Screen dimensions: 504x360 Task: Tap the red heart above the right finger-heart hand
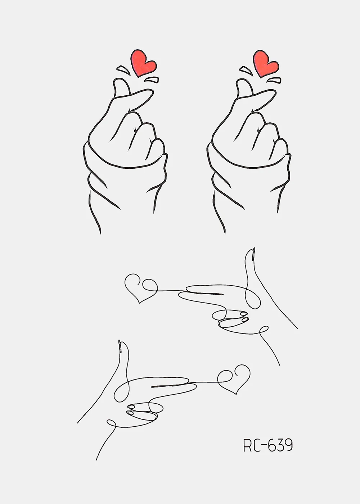[266, 63]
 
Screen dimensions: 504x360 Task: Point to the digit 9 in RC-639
[288, 445]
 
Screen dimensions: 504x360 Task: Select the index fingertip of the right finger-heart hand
[270, 92]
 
